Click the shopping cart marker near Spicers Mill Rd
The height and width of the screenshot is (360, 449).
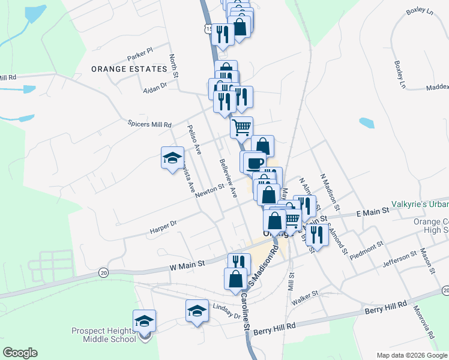tap(241, 127)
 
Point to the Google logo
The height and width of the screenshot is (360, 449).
tap(20, 353)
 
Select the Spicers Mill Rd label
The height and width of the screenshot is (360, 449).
tap(149, 124)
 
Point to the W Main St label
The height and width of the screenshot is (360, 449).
tap(187, 263)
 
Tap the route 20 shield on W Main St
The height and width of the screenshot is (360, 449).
tap(104, 272)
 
